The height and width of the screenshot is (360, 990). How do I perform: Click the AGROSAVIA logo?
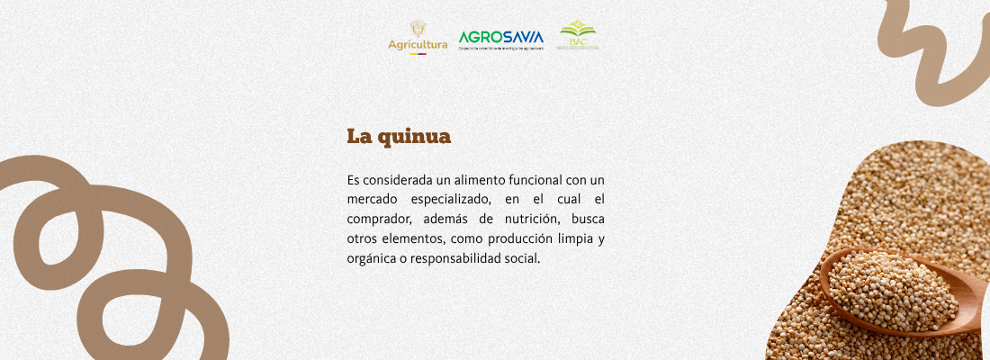(x=501, y=39)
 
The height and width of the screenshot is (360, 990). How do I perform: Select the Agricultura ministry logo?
(x=417, y=38)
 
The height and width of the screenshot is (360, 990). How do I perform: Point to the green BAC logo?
(x=578, y=35)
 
